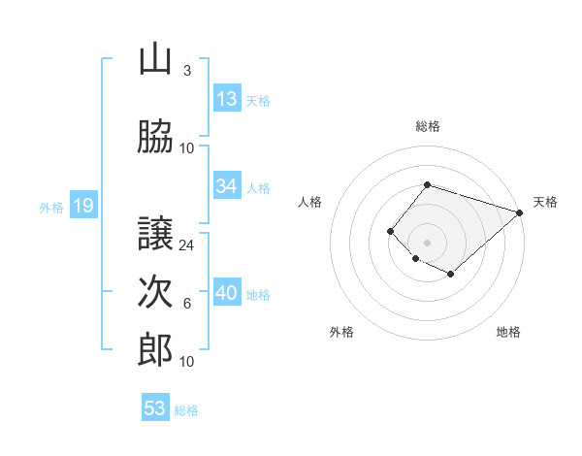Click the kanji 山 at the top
(x=155, y=60)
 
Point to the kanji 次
(x=155, y=292)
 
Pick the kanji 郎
(x=155, y=349)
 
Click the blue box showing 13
(x=227, y=98)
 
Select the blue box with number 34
(x=227, y=186)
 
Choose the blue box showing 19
(x=82, y=206)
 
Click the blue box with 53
(x=155, y=408)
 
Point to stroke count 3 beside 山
(x=187, y=71)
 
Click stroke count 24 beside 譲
(x=187, y=244)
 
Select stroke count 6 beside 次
(x=187, y=304)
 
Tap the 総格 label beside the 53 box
(x=186, y=410)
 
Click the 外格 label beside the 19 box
(x=50, y=207)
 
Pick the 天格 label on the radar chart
(x=545, y=202)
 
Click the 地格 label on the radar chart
(x=508, y=332)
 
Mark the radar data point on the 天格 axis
(x=520, y=212)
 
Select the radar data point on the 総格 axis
(x=427, y=184)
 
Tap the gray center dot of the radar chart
(x=427, y=242)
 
